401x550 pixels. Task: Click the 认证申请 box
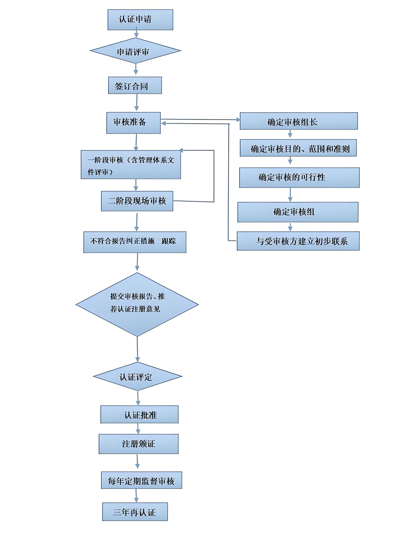pos(140,20)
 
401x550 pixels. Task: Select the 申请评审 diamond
pos(135,51)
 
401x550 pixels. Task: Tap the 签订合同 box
pos(135,85)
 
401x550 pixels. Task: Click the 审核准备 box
pos(133,123)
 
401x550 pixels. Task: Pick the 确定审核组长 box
pos(298,121)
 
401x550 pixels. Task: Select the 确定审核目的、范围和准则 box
pos(298,148)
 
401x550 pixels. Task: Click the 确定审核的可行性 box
pos(299,178)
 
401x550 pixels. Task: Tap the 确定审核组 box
pos(298,212)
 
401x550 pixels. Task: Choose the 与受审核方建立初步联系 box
pos(298,241)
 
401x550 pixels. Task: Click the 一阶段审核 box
pos(131,165)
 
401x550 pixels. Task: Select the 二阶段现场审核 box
pos(137,201)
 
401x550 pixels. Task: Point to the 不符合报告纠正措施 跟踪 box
pos(135,242)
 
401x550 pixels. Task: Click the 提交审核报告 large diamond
pos(137,304)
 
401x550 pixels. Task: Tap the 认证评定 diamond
pos(137,377)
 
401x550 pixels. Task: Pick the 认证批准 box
pos(139,415)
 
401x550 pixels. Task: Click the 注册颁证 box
pos(138,444)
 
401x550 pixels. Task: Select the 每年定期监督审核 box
pos(141,480)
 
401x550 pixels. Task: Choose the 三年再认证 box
pos(135,512)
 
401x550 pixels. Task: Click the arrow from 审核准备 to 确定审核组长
pos(200,119)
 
